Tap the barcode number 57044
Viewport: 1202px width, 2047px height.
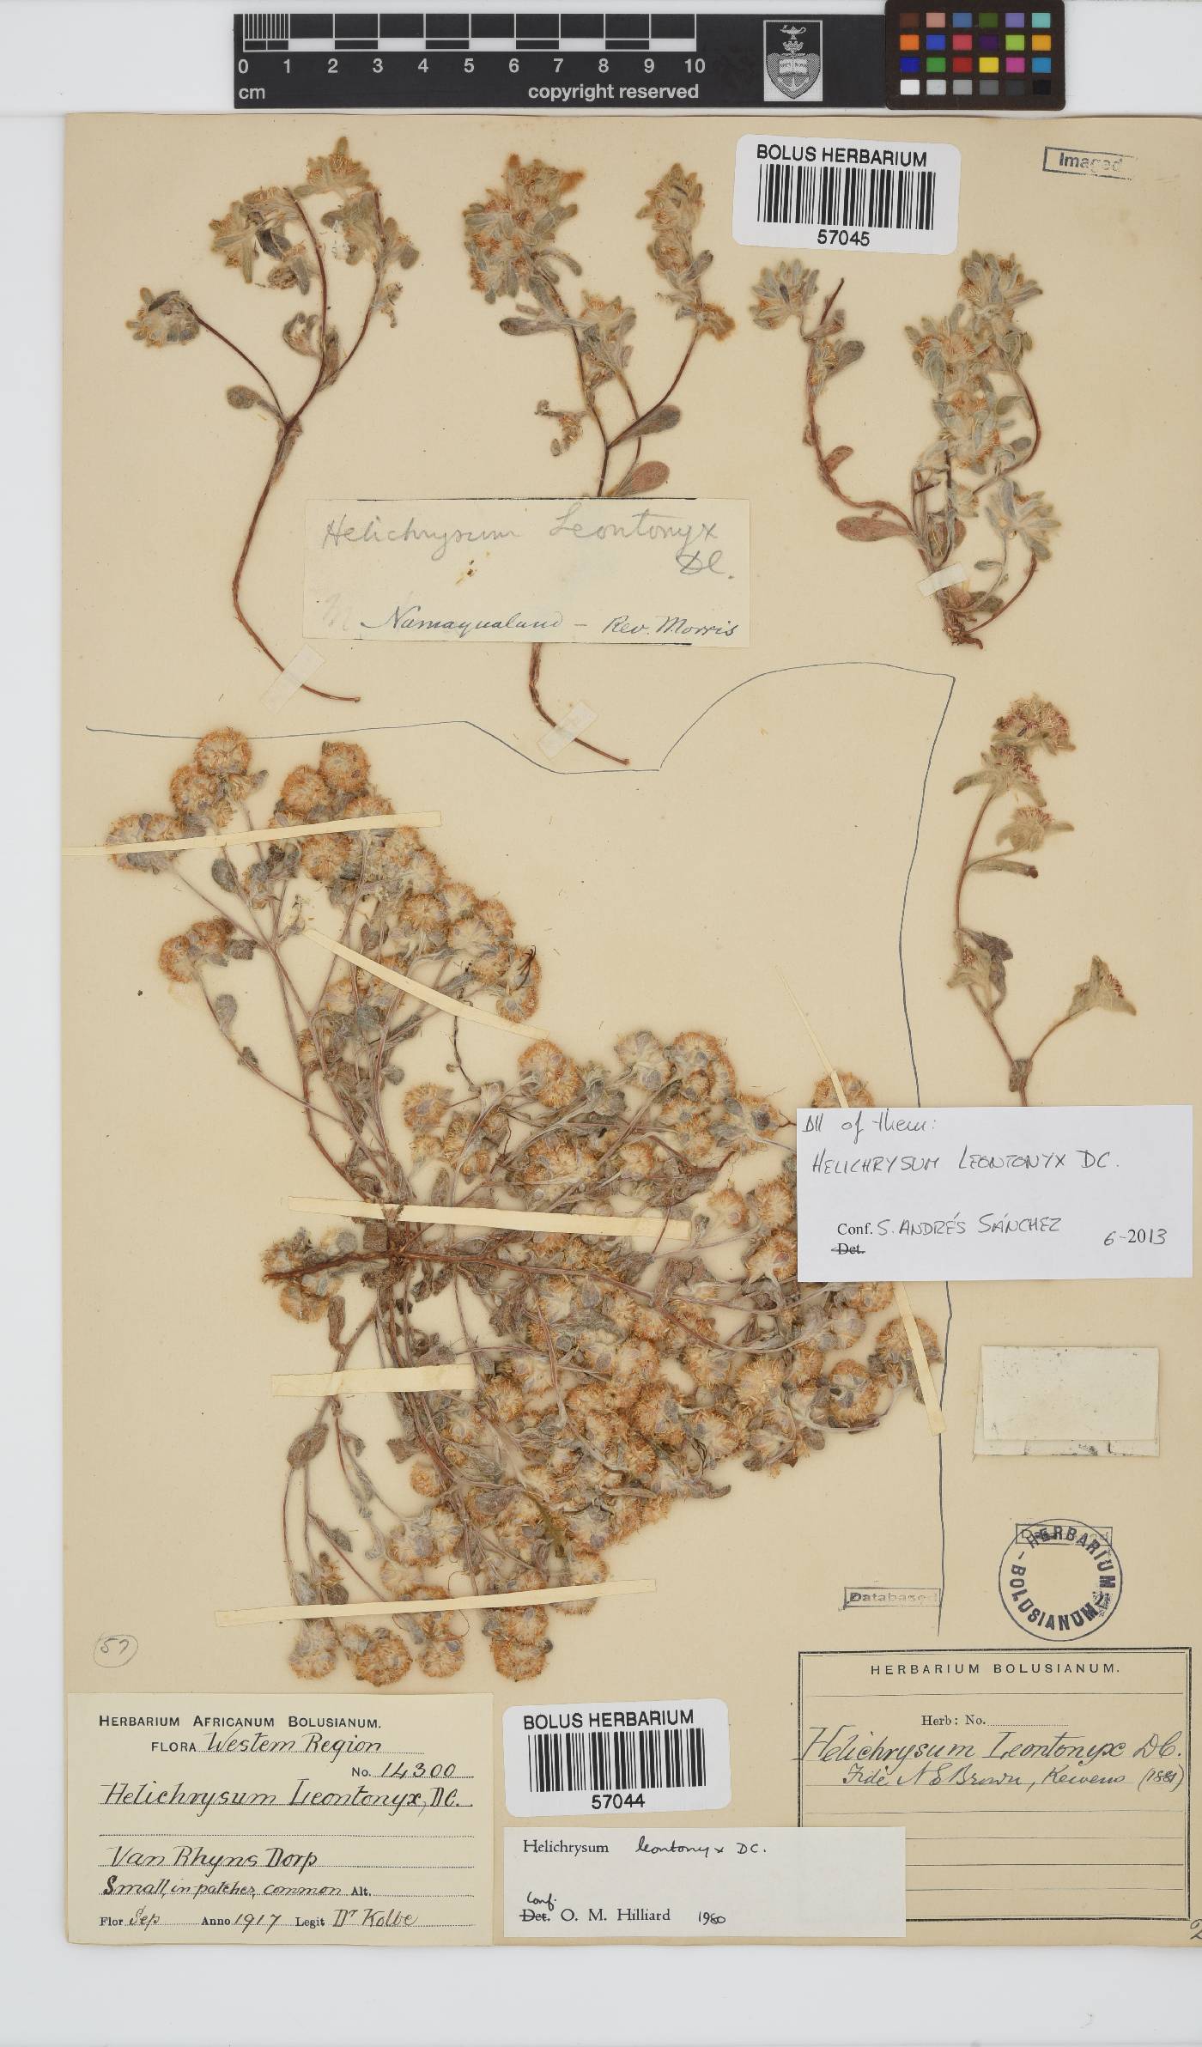click(x=617, y=1801)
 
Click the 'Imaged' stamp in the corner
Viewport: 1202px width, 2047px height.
click(x=1088, y=161)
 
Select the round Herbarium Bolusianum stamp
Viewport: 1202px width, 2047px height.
click(x=1059, y=1582)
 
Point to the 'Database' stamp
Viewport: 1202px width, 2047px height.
click(x=890, y=1597)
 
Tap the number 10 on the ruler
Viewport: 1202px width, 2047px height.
click(x=694, y=66)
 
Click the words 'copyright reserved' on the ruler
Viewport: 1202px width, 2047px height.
click(x=612, y=92)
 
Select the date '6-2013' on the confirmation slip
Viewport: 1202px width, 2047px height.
click(x=1134, y=1236)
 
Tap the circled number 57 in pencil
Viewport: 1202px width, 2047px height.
click(x=114, y=1649)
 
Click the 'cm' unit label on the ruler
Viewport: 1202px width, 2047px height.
click(x=252, y=93)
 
